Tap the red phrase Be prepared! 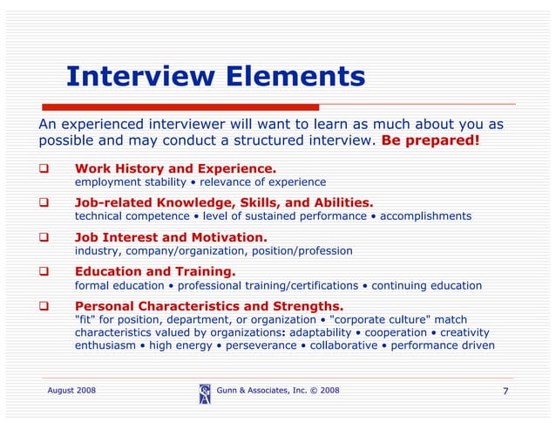pos(431,140)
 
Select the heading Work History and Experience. pos(175,168)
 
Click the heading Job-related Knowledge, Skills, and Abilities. pos(224,201)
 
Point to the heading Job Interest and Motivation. pos(171,236)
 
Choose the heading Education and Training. pos(155,271)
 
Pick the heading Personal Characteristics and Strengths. pos(209,306)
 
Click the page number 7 pos(505,391)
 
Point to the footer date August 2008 pos(71,390)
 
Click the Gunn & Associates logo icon pos(204,393)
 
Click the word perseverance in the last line pos(258,345)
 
